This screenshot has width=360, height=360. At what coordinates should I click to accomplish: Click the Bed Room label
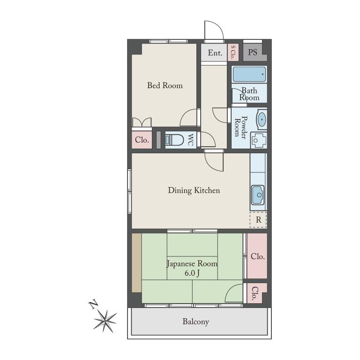[x=165, y=85]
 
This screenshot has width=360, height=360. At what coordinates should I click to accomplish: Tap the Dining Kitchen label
[x=194, y=190]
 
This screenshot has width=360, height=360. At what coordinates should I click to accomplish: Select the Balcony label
[x=196, y=322]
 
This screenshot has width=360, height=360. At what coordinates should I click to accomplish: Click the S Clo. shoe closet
[x=233, y=52]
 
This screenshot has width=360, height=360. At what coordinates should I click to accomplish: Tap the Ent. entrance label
[x=215, y=53]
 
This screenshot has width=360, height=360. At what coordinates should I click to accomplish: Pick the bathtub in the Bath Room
[x=249, y=75]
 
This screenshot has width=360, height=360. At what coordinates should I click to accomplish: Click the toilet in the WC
[x=174, y=140]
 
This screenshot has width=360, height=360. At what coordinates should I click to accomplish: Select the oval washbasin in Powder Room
[x=262, y=119]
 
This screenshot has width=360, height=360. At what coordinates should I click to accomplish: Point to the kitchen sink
[x=258, y=195]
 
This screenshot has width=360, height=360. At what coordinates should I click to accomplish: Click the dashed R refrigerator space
[x=258, y=220]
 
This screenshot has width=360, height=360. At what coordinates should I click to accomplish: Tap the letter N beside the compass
[x=93, y=304]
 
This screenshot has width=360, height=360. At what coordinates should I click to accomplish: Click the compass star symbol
[x=105, y=321]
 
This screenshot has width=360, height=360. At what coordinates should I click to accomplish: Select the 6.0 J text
[x=192, y=273]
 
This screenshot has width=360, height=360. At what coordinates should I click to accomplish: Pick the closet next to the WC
[x=142, y=140]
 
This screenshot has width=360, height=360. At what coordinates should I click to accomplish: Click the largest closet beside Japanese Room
[x=257, y=256]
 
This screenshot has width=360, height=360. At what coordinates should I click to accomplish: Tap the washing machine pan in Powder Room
[x=259, y=140]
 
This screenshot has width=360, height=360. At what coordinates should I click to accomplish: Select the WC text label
[x=191, y=140]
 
